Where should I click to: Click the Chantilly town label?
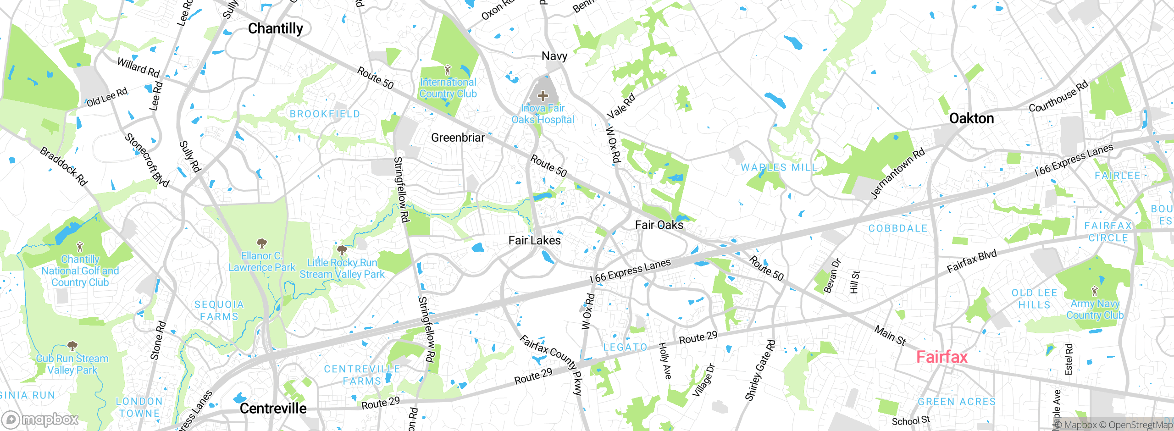(x=276, y=28)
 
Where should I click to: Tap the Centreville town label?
(x=273, y=409)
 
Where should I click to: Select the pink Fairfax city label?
(x=941, y=357)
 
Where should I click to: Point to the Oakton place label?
(x=971, y=118)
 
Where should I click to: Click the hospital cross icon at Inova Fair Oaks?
(x=543, y=96)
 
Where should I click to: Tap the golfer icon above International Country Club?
(x=448, y=70)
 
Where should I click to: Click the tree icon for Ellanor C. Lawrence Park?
(x=261, y=243)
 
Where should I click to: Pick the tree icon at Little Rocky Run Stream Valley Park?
(x=342, y=250)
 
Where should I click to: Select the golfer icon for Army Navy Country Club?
(x=1095, y=291)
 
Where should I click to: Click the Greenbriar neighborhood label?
(x=458, y=138)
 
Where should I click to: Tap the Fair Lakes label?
(x=534, y=240)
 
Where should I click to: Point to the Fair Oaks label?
(x=659, y=225)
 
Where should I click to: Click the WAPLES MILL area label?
(x=779, y=167)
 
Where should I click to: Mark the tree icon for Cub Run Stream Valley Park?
(x=72, y=346)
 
